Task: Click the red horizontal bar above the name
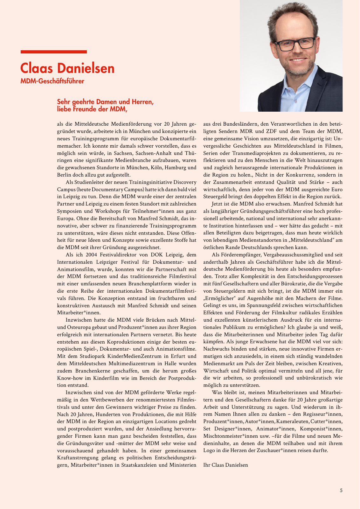[x=53, y=52]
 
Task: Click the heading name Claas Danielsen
[x=67, y=68]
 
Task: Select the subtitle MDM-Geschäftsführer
[x=52, y=81]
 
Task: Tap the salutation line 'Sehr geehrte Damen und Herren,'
[x=105, y=102]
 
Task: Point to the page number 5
[x=341, y=490]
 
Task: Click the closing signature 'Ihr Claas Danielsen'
[x=225, y=465]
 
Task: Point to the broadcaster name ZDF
[x=269, y=131]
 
